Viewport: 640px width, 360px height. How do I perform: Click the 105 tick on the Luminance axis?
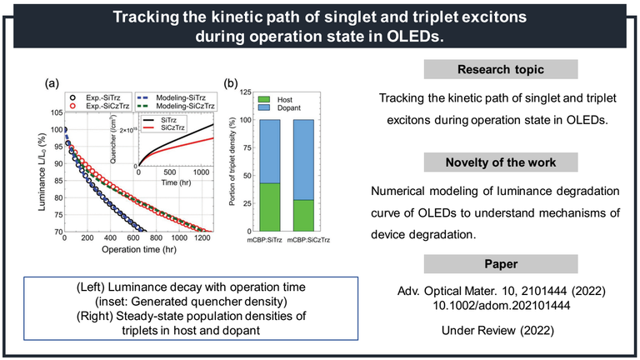tap(55, 112)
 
